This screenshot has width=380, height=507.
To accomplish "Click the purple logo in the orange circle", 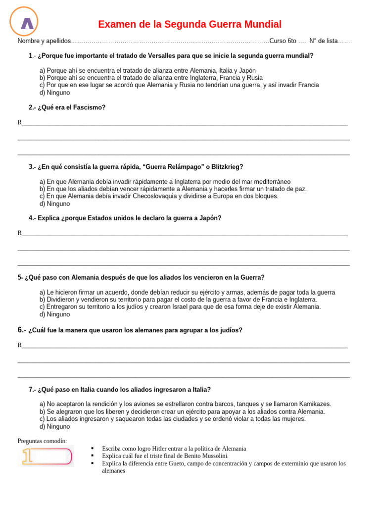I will tap(27, 23).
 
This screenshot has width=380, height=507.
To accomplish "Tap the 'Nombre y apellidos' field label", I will tap(44, 41).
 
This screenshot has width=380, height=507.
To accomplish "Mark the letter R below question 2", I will tap(20, 122).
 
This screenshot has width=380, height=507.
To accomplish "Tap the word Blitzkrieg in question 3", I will tap(227, 167).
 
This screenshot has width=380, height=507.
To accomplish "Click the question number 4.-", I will tap(33, 218).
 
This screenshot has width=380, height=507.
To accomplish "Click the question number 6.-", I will tap(22, 330).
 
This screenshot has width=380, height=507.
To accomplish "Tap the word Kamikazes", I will tap(313, 404).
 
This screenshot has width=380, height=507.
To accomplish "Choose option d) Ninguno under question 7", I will tap(54, 426).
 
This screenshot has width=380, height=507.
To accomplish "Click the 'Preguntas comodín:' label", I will tap(42, 441).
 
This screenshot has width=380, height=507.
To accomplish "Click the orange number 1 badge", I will tap(46, 456).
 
